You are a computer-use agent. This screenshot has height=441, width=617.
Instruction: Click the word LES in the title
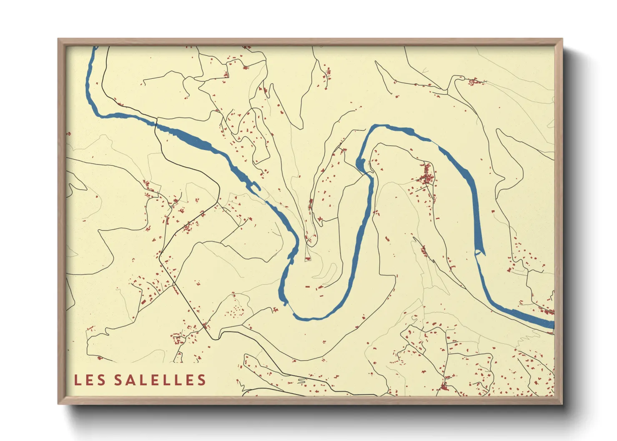pyautogui.click(x=89, y=380)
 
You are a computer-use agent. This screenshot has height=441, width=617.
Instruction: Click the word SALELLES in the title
pyautogui.click(x=160, y=380)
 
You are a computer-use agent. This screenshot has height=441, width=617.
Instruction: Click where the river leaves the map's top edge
pyautogui.click(x=95, y=48)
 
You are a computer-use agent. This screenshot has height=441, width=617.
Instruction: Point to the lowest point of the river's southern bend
pyautogui.click(x=308, y=319)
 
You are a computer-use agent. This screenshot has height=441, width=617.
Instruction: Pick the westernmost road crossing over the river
pyautogui.click(x=156, y=123)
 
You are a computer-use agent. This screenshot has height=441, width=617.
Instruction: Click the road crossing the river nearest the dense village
pyautogui.click(x=370, y=175)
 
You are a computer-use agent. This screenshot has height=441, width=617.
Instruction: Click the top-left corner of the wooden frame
pyautogui.click(x=58, y=39)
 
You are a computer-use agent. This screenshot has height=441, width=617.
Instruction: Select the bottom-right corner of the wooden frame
pyautogui.click(x=562, y=404)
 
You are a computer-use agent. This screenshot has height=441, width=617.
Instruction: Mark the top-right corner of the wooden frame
pyautogui.click(x=562, y=39)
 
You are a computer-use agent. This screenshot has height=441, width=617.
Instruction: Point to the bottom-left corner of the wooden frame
pyautogui.click(x=58, y=404)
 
